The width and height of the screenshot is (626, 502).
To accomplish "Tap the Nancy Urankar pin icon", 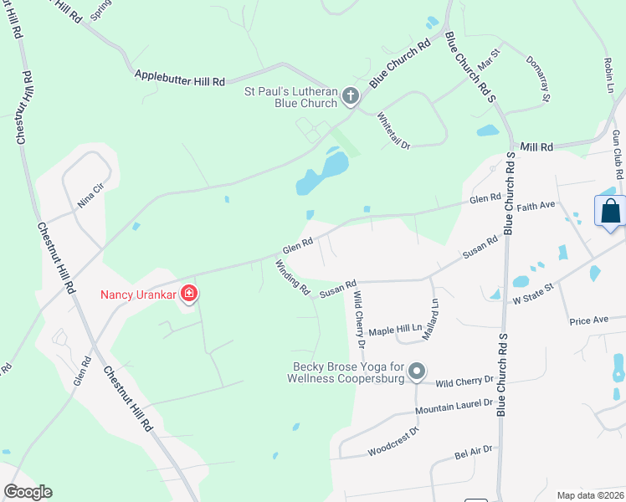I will pyautogui.click(x=190, y=294).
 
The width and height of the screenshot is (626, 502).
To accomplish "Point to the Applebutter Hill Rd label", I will pyautogui.click(x=180, y=78).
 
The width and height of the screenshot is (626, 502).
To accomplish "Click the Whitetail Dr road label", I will pyautogui.click(x=393, y=131).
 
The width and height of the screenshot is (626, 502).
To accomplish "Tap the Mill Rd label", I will pyautogui.click(x=536, y=146).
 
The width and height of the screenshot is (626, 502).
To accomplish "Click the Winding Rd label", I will pyautogui.click(x=293, y=278).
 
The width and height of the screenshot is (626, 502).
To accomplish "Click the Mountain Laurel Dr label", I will pyautogui.click(x=454, y=407).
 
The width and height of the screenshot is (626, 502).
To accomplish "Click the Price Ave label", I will pyautogui.click(x=588, y=320).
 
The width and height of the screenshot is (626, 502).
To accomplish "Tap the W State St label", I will pyautogui.click(x=535, y=294).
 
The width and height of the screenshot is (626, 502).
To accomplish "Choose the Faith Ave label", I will pyautogui.click(x=536, y=205).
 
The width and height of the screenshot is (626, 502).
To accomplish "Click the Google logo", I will pyautogui.click(x=28, y=492).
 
